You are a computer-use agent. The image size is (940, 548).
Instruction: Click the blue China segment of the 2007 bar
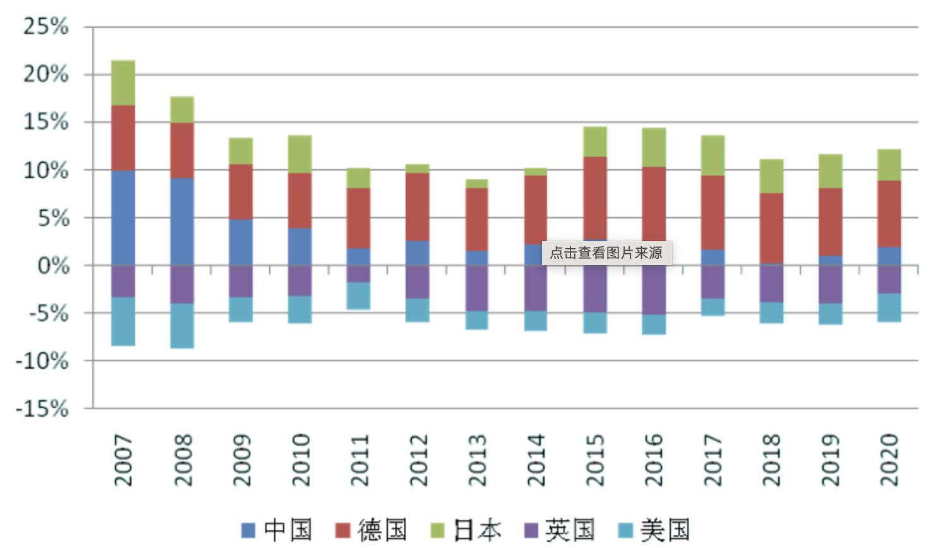(123, 217)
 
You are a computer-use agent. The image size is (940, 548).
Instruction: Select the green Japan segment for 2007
(123, 83)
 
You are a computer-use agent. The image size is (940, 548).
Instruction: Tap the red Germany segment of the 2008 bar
(182, 150)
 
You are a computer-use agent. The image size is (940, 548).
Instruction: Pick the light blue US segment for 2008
(182, 326)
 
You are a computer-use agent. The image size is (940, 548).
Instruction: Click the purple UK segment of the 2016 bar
(654, 290)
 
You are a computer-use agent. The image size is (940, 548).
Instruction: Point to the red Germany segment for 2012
(418, 206)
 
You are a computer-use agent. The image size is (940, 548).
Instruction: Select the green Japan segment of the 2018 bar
(771, 176)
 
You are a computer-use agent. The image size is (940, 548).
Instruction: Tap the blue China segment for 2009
(241, 242)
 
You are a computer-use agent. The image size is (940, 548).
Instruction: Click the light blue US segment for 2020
(889, 307)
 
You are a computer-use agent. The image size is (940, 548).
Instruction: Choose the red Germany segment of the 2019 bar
(830, 222)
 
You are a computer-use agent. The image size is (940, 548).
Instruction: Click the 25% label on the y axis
(45, 27)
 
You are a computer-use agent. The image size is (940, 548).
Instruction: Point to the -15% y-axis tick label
(42, 408)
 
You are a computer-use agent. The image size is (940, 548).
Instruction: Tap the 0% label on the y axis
(54, 266)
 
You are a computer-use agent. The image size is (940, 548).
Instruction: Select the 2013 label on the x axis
(477, 460)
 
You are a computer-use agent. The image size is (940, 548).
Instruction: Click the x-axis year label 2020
(889, 460)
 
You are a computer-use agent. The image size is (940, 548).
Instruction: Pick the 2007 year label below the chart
(123, 460)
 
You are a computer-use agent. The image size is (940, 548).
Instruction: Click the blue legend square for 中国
(248, 530)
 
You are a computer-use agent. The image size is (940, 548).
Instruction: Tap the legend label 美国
(665, 530)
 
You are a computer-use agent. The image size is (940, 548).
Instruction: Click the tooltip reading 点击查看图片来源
(606, 253)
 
